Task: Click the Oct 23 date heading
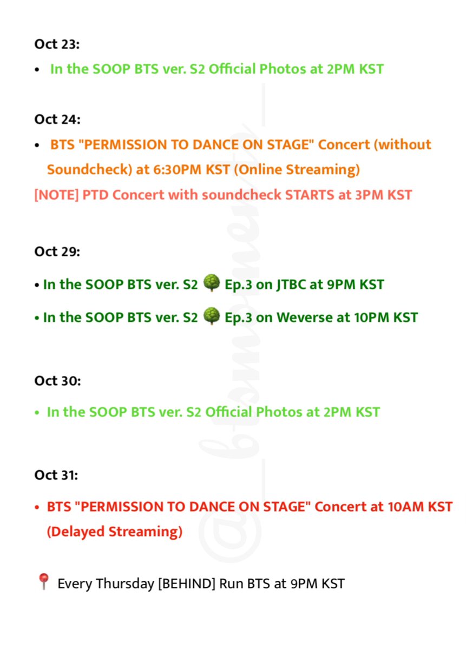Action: (57, 44)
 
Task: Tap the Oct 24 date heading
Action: (57, 119)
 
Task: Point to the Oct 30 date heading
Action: (57, 381)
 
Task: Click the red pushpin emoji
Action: (43, 583)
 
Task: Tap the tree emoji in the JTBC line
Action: (212, 283)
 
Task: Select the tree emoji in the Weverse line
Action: (212, 316)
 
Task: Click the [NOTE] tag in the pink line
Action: (56, 195)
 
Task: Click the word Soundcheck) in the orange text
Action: (89, 170)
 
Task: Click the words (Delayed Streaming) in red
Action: (115, 532)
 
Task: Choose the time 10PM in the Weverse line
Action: (371, 317)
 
